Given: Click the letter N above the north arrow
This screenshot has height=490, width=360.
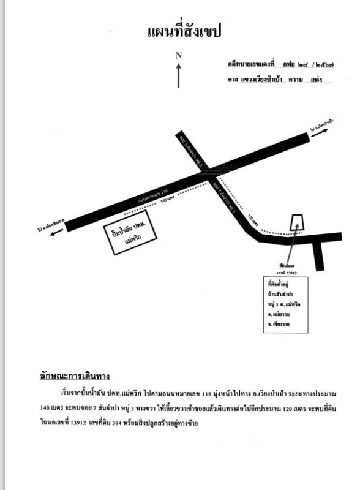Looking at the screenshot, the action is [179, 55].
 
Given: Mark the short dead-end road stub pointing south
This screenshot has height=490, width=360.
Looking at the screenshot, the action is [320, 256].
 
